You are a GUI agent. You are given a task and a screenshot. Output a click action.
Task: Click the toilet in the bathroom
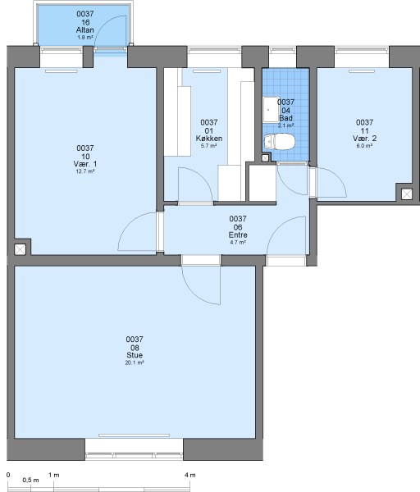click(279, 142)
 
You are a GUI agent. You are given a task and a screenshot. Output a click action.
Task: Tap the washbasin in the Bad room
click(271, 109)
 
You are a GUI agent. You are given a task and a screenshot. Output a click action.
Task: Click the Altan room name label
click(84, 30)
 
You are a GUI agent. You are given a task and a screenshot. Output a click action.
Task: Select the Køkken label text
click(209, 139)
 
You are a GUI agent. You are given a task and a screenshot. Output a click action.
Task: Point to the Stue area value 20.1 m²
click(135, 362)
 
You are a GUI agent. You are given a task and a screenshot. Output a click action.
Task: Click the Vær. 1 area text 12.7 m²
click(85, 171)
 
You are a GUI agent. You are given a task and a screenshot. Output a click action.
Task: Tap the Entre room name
click(238, 235)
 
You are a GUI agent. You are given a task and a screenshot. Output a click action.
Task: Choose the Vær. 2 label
click(364, 139)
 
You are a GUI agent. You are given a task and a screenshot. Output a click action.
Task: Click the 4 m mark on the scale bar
click(190, 475)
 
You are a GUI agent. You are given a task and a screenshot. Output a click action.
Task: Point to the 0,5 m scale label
click(31, 481)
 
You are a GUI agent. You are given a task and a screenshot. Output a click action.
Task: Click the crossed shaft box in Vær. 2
click(407, 194)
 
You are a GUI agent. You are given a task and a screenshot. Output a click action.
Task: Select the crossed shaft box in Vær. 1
click(20, 250)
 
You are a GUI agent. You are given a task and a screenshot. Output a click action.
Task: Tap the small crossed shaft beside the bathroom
click(265, 158)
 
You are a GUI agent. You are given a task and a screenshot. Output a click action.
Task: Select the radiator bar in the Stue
click(134, 435)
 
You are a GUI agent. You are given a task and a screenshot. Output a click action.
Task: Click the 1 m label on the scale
click(54, 475)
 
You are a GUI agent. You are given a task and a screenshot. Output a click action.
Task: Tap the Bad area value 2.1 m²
click(285, 125)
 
